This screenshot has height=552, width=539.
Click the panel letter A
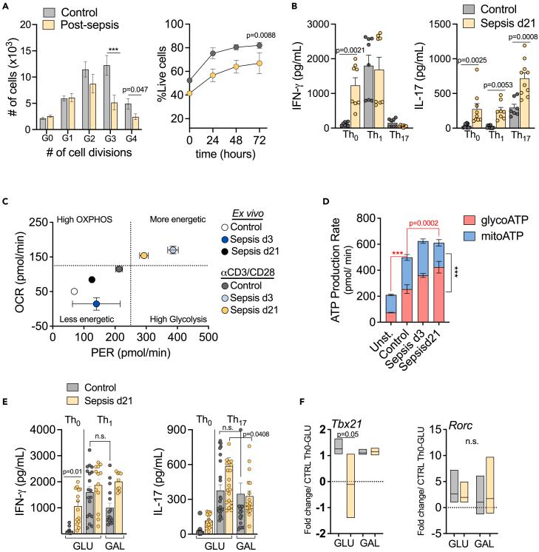pos(7,7)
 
